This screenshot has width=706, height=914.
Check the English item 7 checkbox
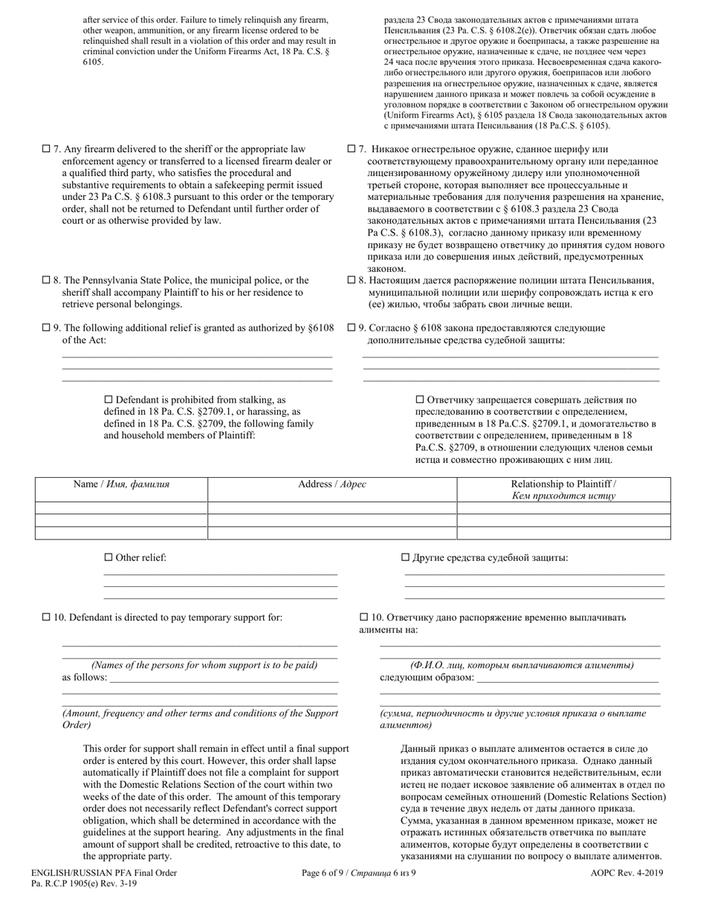46,149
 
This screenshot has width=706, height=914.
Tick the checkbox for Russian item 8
352,280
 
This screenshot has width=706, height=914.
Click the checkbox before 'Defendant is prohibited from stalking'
109,399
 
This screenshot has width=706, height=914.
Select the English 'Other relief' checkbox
109,557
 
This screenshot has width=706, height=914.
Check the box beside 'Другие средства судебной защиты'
405,557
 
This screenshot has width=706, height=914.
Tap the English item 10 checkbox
46,617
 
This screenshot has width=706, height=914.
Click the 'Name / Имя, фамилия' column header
121,484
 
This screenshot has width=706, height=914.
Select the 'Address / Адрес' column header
331,484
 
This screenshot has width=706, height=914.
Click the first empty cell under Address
331,508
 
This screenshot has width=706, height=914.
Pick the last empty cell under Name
121,533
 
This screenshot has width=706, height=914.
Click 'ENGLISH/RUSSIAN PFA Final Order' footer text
104,873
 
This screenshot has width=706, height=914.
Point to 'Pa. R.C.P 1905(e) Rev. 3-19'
84,884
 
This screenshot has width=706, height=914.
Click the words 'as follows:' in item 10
84,677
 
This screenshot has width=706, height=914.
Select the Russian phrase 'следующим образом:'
427,677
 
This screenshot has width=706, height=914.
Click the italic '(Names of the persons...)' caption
204,665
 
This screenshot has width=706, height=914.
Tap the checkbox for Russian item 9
352,328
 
